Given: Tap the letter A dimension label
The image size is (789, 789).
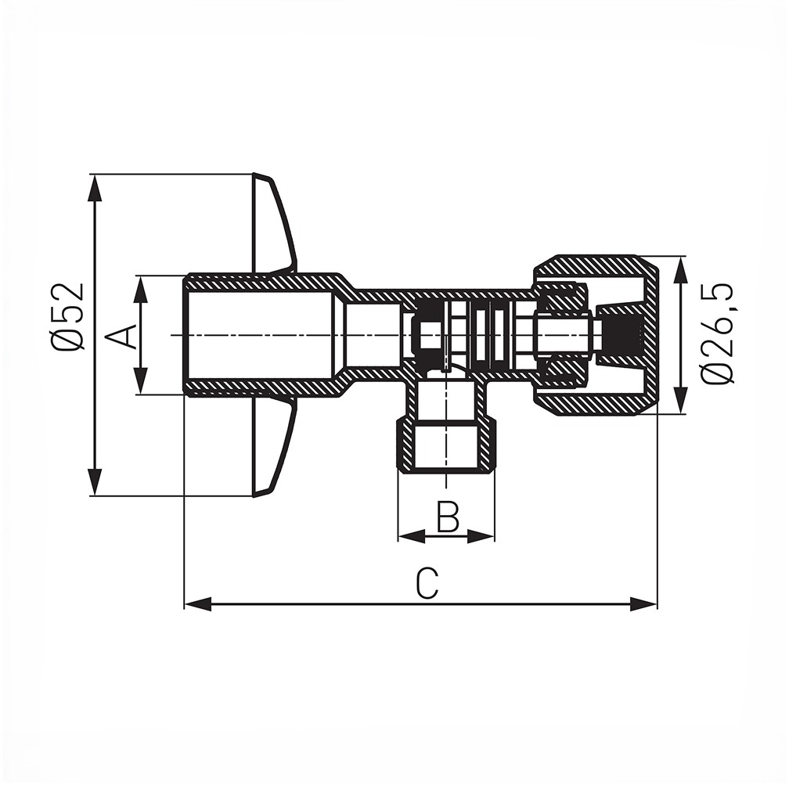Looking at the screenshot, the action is click(x=122, y=337).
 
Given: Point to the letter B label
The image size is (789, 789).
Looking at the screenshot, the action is click(x=448, y=517).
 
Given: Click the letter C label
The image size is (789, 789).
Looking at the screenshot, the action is click(x=427, y=583).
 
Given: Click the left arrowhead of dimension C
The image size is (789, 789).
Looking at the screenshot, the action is click(x=198, y=603).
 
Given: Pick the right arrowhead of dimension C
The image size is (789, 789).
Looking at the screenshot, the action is click(x=643, y=603).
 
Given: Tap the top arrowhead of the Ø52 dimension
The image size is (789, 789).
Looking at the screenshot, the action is click(x=95, y=188).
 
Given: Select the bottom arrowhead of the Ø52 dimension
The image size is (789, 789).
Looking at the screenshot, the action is click(x=95, y=482).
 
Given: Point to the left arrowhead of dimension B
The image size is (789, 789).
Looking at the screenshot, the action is click(x=412, y=536).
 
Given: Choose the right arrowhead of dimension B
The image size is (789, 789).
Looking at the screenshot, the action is click(x=481, y=536).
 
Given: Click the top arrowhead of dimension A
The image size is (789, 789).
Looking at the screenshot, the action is click(x=142, y=289).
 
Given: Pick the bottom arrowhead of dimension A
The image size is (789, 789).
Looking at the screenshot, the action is click(x=142, y=381).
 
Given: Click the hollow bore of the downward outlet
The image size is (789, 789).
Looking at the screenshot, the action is click(x=446, y=443).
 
